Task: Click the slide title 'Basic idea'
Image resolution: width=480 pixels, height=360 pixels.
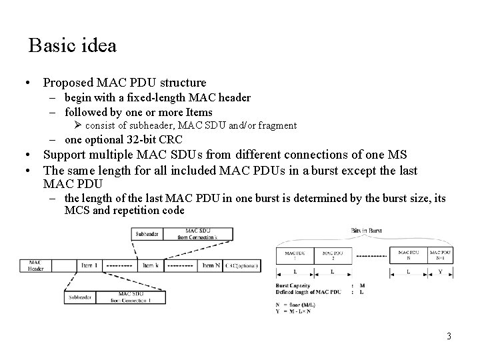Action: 73,45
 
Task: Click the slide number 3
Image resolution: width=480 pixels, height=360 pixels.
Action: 449,336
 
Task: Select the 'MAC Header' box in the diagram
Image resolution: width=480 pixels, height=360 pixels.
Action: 35,265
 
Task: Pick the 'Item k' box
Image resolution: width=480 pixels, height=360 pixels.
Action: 149,265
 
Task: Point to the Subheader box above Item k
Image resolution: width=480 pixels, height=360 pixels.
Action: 147,234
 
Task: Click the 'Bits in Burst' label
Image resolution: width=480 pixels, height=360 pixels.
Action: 367,229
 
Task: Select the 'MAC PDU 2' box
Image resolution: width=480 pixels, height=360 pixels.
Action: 332,255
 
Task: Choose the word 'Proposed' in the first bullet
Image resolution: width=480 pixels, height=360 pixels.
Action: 67,83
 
